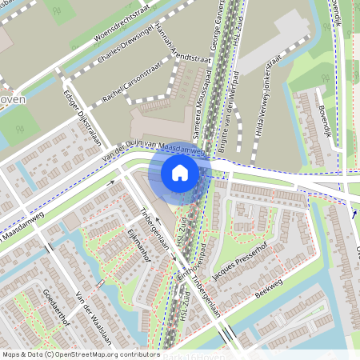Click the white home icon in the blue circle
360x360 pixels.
tap(180, 172)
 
